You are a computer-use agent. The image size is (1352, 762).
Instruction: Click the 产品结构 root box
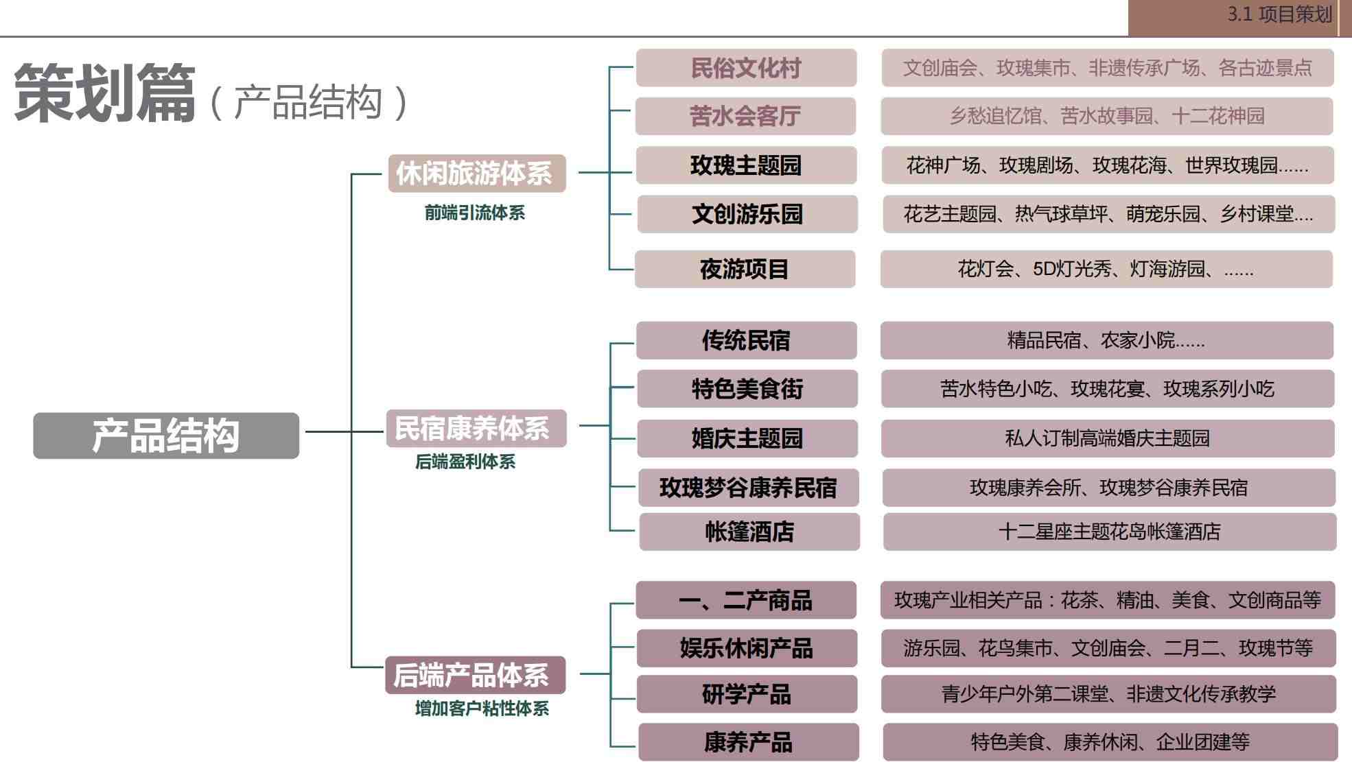(166, 436)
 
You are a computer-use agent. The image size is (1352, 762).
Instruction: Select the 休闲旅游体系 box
(476, 174)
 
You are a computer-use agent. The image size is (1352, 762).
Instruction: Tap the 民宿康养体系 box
(476, 429)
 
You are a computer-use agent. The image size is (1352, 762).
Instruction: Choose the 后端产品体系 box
(475, 676)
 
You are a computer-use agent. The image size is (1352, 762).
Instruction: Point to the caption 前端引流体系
(474, 213)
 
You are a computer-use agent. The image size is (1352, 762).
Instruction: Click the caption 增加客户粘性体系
(482, 709)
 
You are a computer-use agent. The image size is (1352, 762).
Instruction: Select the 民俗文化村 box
(746, 68)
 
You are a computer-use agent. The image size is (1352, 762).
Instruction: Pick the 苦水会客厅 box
(745, 116)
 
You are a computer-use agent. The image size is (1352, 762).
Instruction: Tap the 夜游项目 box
(745, 269)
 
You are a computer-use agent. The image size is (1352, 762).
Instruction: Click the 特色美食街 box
(747, 389)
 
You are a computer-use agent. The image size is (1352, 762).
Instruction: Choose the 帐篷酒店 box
(749, 532)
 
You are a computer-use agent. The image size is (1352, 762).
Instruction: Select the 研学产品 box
(747, 694)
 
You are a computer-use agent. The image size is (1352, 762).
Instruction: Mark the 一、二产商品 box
(746, 600)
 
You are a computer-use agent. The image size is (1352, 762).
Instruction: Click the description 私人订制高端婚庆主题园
(1108, 438)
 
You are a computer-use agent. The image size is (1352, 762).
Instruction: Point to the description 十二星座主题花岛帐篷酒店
(1110, 532)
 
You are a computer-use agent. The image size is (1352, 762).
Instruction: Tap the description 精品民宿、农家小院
(1106, 340)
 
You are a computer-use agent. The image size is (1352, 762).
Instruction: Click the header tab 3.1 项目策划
(1279, 14)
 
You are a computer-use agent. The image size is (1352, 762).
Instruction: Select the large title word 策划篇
(104, 95)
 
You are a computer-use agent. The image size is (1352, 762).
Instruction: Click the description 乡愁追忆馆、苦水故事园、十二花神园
(1107, 116)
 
